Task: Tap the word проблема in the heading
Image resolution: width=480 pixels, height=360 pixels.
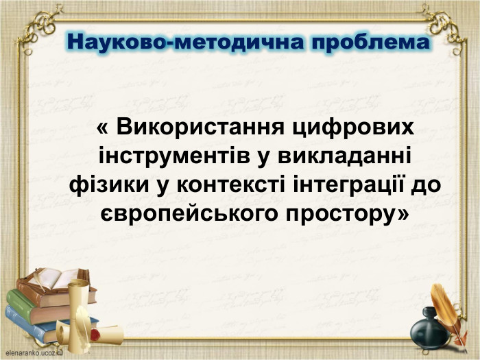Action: (x=372, y=43)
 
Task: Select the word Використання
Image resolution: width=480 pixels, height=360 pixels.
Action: (x=200, y=128)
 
